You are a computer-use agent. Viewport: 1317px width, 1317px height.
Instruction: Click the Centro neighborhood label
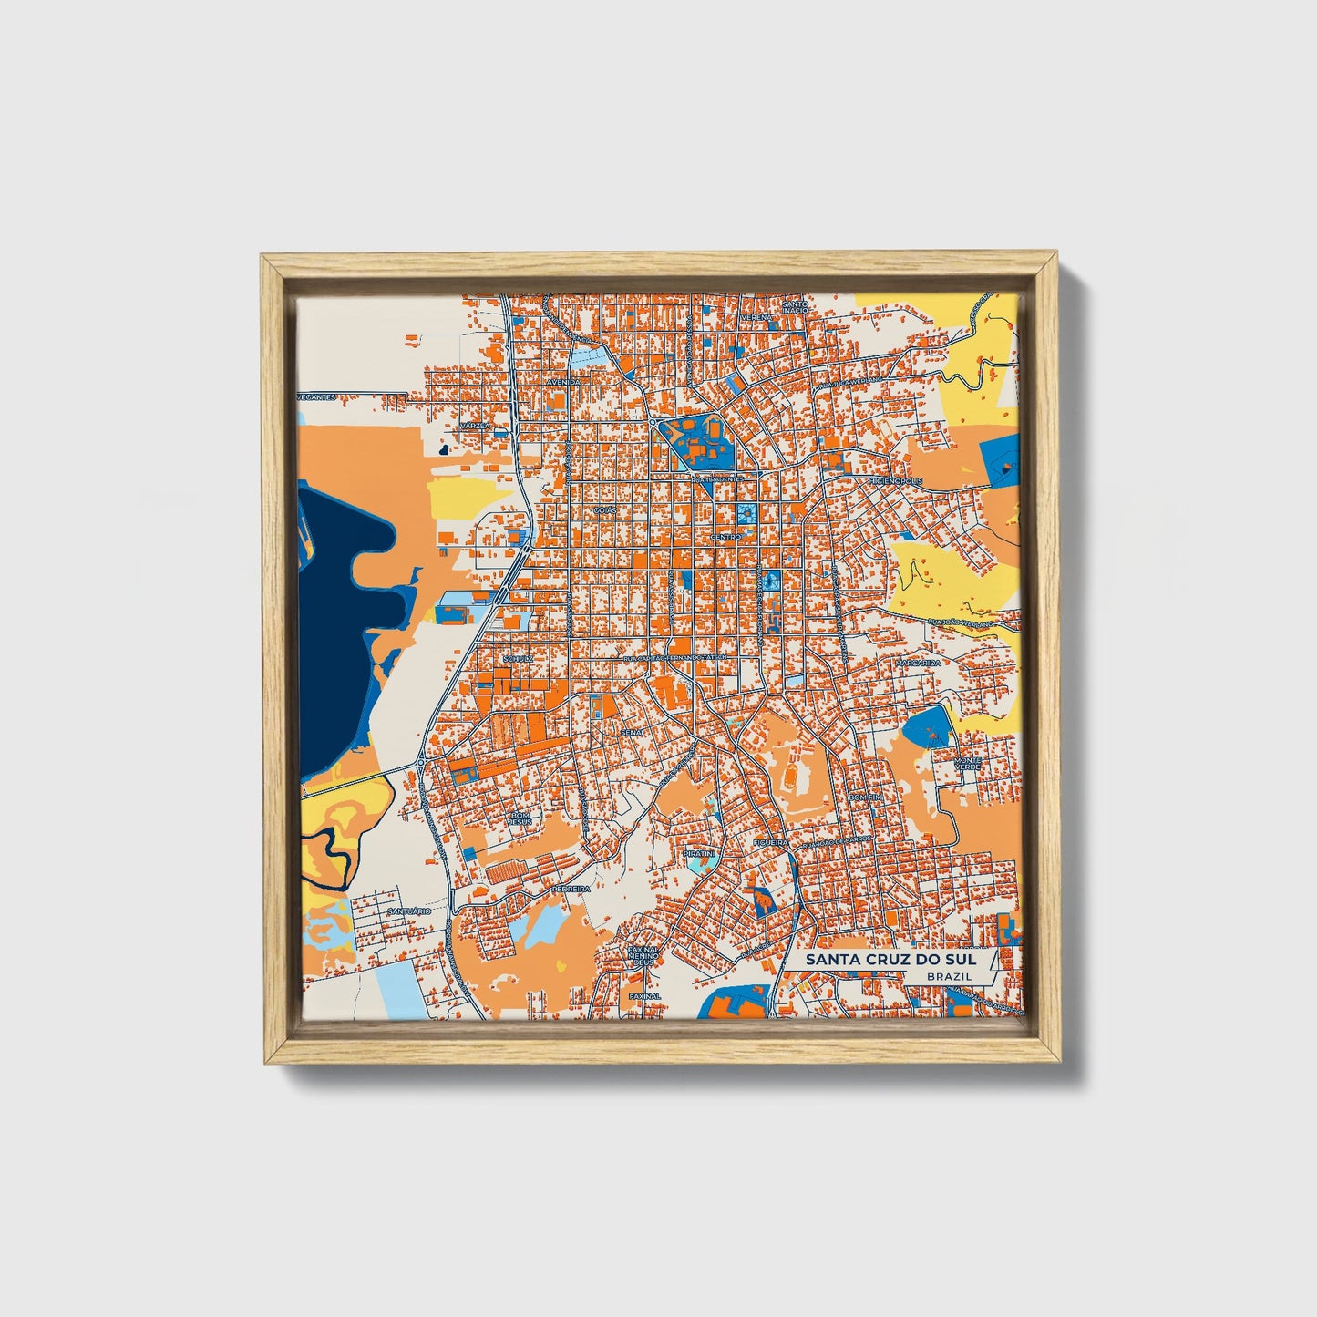[x=725, y=538]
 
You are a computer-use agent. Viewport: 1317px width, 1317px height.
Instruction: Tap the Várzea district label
[x=474, y=426]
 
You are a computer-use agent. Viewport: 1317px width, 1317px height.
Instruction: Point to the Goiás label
[x=604, y=510]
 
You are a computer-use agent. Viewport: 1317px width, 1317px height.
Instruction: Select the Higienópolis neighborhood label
[x=895, y=480]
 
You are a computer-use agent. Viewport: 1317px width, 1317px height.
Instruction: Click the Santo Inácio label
[x=795, y=307]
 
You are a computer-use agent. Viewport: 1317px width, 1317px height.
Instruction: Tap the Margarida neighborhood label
[x=917, y=663]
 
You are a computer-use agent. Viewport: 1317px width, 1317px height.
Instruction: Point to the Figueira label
[x=771, y=844]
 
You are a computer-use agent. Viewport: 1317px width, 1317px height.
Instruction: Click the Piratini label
[x=699, y=853]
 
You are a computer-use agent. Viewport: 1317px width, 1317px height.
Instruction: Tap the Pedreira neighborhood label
[x=571, y=887]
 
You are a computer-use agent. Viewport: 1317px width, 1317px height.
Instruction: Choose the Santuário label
[x=407, y=911]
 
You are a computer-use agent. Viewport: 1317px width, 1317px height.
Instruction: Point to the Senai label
[x=631, y=732]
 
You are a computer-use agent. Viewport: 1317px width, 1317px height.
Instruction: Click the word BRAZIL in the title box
[x=948, y=976]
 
